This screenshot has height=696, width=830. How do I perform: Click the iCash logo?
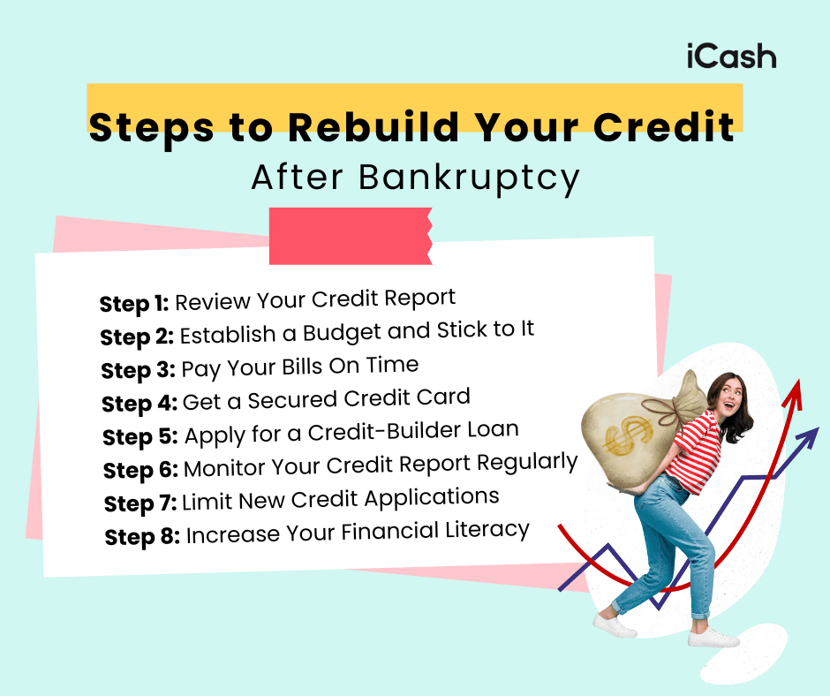pyautogui.click(x=731, y=57)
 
